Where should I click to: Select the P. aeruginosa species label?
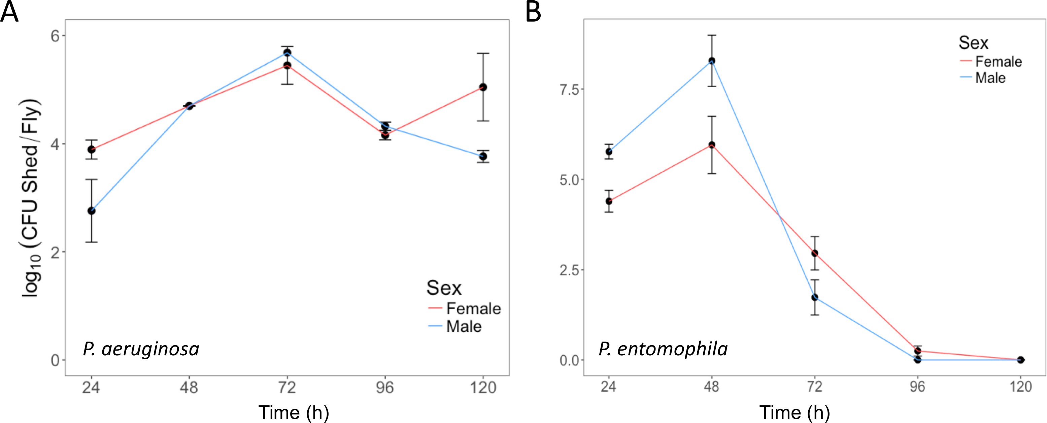click(141, 349)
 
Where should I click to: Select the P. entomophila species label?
click(663, 349)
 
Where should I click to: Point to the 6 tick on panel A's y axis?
click(55, 36)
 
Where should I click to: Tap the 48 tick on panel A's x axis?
click(189, 388)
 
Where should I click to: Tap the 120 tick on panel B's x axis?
click(1021, 386)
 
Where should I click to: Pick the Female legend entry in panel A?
click(473, 308)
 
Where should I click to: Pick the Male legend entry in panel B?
click(990, 78)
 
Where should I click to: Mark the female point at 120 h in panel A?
click(483, 87)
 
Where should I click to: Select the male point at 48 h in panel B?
click(712, 61)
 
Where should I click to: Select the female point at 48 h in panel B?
click(712, 145)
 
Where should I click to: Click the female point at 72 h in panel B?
click(814, 253)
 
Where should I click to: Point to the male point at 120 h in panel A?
click(483, 157)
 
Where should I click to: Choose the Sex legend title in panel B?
click(973, 43)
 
